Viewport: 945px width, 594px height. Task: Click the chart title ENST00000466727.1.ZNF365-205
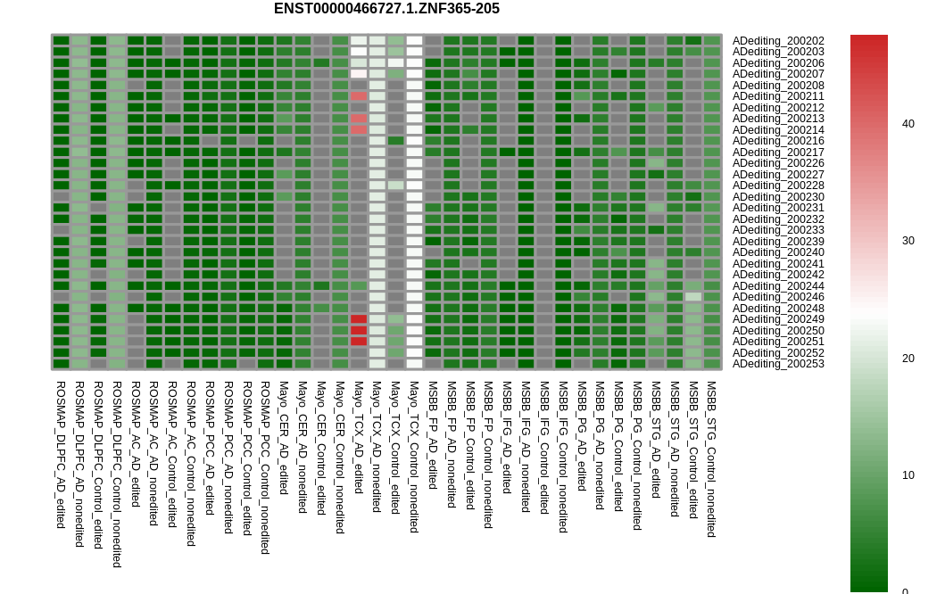point(386,8)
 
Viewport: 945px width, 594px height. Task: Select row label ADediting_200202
point(778,41)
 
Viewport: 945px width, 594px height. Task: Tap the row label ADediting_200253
point(778,364)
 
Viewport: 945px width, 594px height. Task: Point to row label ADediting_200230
point(778,197)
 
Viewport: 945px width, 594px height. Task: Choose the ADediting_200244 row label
point(778,286)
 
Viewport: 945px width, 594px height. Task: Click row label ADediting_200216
point(778,141)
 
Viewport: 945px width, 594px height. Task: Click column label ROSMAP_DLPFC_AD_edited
point(61,455)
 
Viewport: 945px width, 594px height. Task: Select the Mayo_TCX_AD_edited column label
point(359,437)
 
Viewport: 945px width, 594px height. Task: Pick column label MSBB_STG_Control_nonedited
point(711,459)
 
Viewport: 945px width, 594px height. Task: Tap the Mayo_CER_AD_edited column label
point(284,438)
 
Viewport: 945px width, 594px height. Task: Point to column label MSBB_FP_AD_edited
point(433,435)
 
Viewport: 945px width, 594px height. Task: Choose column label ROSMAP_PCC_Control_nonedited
point(265,467)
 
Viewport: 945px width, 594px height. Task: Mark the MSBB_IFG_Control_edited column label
point(544,448)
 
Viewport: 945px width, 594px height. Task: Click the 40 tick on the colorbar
point(908,124)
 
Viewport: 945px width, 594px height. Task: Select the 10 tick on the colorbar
point(908,475)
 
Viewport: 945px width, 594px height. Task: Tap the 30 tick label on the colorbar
point(908,241)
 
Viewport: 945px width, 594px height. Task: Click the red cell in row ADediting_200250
point(359,330)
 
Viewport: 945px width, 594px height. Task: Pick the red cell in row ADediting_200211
point(359,96)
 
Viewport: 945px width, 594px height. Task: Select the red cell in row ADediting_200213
point(359,119)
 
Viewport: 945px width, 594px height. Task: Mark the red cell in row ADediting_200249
point(359,319)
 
